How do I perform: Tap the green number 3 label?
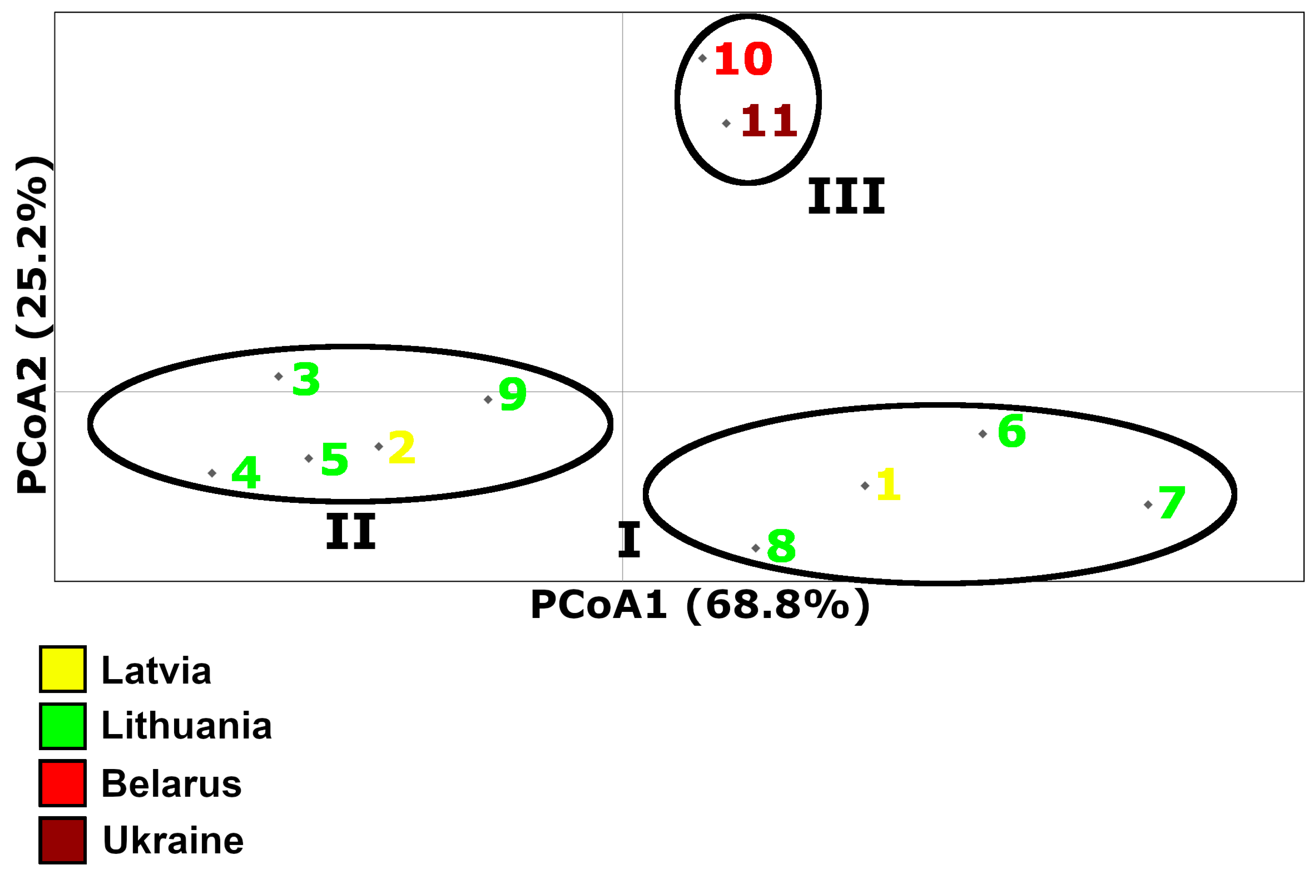pyautogui.click(x=306, y=380)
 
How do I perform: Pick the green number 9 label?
pyautogui.click(x=513, y=394)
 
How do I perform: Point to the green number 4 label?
pyautogui.click(x=246, y=472)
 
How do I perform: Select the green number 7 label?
pyautogui.click(x=1172, y=502)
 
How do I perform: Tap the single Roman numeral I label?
pyautogui.click(x=629, y=540)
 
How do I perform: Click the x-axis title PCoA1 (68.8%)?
pyautogui.click(x=700, y=605)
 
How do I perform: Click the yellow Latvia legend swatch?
pyautogui.click(x=63, y=670)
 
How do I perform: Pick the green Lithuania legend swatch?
pyautogui.click(x=63, y=726)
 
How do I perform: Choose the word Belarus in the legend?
pyautogui.click(x=171, y=784)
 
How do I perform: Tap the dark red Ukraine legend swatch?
pyautogui.click(x=63, y=840)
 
